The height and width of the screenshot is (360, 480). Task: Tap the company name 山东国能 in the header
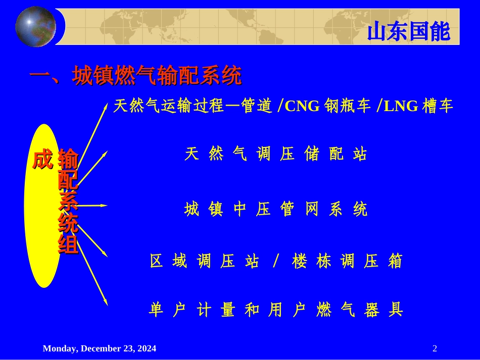408,32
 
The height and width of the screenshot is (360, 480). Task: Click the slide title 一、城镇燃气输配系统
135,76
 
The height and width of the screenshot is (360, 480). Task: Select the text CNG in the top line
302,106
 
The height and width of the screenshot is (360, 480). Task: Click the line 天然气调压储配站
276,154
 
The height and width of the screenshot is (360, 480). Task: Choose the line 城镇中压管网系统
276,209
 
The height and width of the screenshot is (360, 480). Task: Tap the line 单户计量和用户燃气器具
276,310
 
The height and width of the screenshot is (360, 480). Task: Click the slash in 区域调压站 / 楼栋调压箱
275,262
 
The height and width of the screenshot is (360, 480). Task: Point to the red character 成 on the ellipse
42,160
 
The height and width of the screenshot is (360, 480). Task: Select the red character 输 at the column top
68,160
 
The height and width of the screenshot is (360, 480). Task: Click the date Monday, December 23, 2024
100,348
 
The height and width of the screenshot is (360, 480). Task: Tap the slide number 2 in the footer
435,348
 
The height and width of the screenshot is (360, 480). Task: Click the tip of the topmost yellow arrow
106,103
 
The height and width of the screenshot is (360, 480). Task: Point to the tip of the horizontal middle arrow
107,205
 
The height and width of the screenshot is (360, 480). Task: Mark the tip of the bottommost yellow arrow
107,305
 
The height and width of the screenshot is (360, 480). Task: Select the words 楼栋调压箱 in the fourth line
347,262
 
